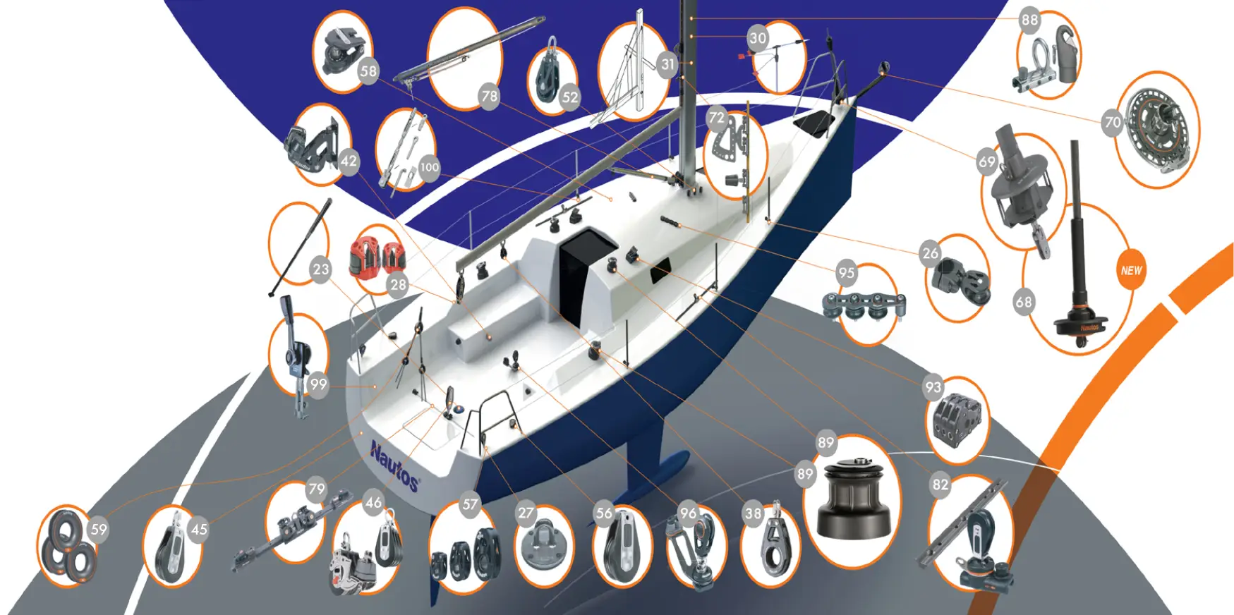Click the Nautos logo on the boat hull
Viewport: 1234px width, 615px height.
coord(394,465)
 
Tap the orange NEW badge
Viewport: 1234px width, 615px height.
coord(1131,270)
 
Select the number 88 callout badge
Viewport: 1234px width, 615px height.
coord(1029,20)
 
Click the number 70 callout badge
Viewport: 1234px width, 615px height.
coord(1113,122)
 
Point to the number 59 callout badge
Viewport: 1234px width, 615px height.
coord(99,530)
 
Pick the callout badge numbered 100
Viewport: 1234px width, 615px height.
coord(429,167)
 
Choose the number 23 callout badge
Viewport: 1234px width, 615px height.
coord(320,269)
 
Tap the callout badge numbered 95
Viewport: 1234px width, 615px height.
coord(847,273)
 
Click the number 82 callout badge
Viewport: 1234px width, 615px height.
coord(940,485)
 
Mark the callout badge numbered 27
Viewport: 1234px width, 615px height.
coord(526,513)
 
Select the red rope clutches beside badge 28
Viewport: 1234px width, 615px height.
coord(377,255)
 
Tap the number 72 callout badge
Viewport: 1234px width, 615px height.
coord(717,118)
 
